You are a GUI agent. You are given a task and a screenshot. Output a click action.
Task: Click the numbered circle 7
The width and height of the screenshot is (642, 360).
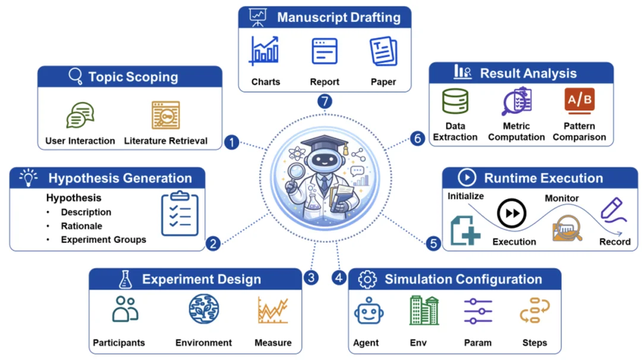point(325,102)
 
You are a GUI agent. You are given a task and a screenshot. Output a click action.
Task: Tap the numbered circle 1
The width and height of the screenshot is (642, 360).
point(232,143)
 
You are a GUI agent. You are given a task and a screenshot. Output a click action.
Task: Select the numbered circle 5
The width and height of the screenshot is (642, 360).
point(433,244)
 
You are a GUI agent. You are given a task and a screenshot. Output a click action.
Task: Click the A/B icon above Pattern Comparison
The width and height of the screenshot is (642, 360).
point(580,100)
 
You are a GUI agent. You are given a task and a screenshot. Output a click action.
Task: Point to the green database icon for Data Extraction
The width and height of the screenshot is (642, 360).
point(455,101)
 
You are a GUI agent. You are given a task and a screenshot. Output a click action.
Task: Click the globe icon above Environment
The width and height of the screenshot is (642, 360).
point(204,309)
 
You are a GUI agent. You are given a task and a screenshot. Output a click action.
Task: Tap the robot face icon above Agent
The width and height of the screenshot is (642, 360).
point(369,311)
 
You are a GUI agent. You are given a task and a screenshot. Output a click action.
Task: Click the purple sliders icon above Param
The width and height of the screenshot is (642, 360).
point(478,311)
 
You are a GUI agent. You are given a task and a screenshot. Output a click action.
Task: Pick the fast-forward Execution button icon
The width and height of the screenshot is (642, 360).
point(511,213)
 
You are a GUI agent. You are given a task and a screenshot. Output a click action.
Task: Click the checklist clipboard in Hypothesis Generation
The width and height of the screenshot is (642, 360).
point(180,213)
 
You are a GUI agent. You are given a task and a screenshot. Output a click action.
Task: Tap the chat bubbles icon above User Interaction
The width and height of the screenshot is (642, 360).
point(80,115)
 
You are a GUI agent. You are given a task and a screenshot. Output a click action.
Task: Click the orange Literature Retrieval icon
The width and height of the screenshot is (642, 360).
point(166,115)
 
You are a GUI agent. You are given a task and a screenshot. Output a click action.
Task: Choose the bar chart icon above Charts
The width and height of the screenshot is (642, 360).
point(264,50)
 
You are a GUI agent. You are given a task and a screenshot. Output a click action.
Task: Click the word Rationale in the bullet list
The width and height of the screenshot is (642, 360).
point(81,226)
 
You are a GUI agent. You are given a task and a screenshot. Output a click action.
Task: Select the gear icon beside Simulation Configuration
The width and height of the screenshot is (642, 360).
point(367,279)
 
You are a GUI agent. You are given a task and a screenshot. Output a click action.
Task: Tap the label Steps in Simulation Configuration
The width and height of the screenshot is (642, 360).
point(534,343)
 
